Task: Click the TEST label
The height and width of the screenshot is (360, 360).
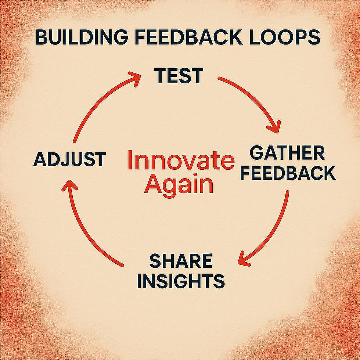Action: tap(179, 76)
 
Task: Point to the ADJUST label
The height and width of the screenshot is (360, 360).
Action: tap(69, 160)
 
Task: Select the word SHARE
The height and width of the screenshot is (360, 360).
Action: tap(181, 261)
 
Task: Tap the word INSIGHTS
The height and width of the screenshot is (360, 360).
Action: tap(183, 281)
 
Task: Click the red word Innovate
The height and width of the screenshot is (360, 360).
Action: tap(180, 161)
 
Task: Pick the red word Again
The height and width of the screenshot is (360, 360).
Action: tap(179, 185)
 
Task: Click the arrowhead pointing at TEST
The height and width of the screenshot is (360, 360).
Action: tap(135, 78)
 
